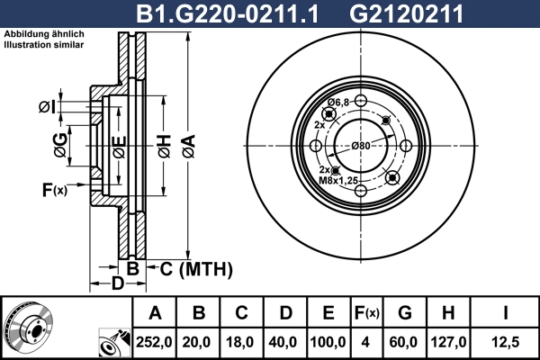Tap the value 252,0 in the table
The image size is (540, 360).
pos(155,342)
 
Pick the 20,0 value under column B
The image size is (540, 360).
pos(199,342)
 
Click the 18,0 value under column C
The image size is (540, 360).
pos(241,342)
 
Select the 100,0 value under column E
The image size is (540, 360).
pos(328,342)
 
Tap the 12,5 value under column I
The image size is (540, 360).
pos(506,342)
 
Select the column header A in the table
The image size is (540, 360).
pos(155,313)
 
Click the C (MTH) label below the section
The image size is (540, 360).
pos(195,269)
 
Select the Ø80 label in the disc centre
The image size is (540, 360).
pos(361,146)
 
